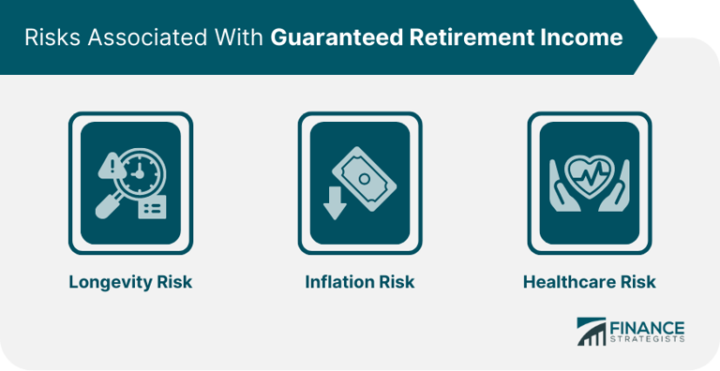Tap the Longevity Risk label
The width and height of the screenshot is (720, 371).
coord(130,282)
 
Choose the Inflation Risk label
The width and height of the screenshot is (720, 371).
coord(360,282)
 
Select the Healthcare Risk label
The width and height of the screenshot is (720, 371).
coord(590,282)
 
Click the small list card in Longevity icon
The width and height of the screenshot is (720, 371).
coord(150,207)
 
